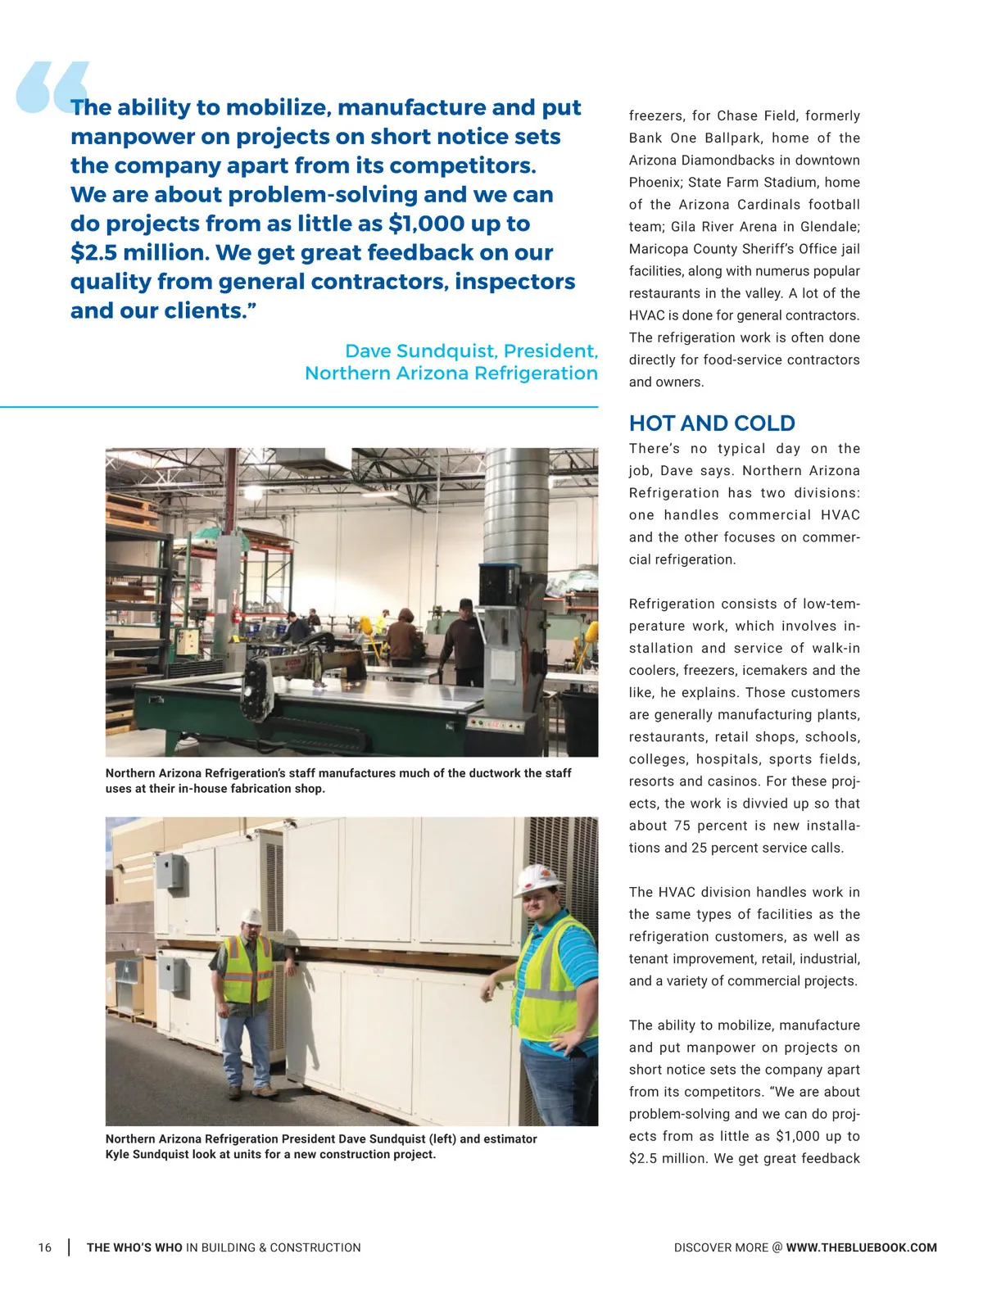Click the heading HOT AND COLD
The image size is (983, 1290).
point(711,423)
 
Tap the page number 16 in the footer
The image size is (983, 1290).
point(45,1247)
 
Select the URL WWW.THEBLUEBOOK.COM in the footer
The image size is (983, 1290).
point(861,1247)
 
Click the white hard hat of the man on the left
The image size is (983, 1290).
point(252,916)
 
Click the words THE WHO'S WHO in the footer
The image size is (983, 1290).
point(134,1247)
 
